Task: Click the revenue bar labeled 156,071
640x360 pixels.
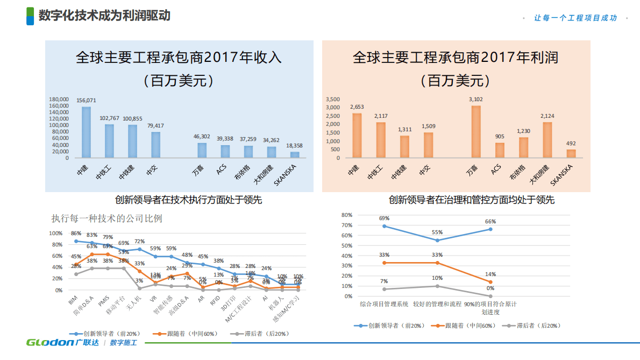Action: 86,132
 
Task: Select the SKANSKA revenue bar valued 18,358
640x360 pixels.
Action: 295,155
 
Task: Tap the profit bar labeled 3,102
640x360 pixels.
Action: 475,132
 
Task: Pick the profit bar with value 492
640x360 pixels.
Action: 571,154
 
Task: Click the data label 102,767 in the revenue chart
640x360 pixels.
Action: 109,118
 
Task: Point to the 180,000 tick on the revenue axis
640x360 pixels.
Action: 59,100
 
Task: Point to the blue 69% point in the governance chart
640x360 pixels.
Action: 384,226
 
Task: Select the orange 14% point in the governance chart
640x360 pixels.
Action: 490,282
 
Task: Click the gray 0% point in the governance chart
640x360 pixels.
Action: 490,296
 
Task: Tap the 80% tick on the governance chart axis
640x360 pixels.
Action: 347,215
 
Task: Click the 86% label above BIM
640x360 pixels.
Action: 76,234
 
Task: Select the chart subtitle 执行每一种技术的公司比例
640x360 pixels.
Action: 106,218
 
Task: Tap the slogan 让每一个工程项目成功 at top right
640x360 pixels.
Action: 575,18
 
